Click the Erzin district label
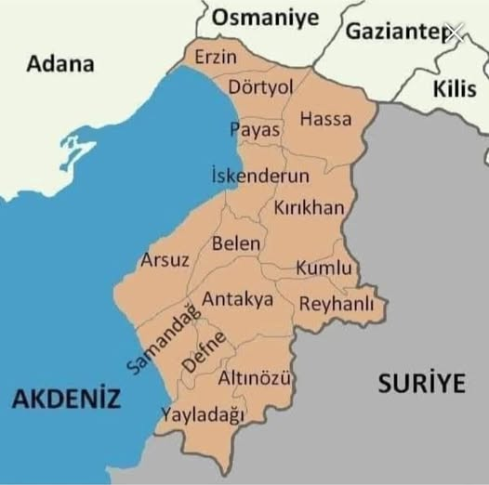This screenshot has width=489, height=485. coord(216,58)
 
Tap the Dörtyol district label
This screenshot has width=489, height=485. coord(260,86)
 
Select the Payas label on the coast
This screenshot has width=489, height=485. coord(256,130)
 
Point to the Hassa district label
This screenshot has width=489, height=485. coord(325,119)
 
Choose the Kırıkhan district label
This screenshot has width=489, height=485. coord(309,209)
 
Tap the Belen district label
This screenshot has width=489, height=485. coord(236,242)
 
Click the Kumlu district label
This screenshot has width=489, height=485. coord(324,269)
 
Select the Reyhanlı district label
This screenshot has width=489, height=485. coord(336,304)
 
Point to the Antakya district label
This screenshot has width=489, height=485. coord(238,299)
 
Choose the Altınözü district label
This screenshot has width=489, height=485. coord(255,378)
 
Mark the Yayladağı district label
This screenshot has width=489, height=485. coord(203,414)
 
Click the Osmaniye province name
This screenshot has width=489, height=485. coord(265,17)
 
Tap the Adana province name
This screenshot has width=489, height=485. coord(60,64)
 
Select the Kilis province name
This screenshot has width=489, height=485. coord(455,89)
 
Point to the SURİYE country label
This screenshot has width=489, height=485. coord(421,385)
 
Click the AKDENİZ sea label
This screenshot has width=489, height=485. coord(66,400)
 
